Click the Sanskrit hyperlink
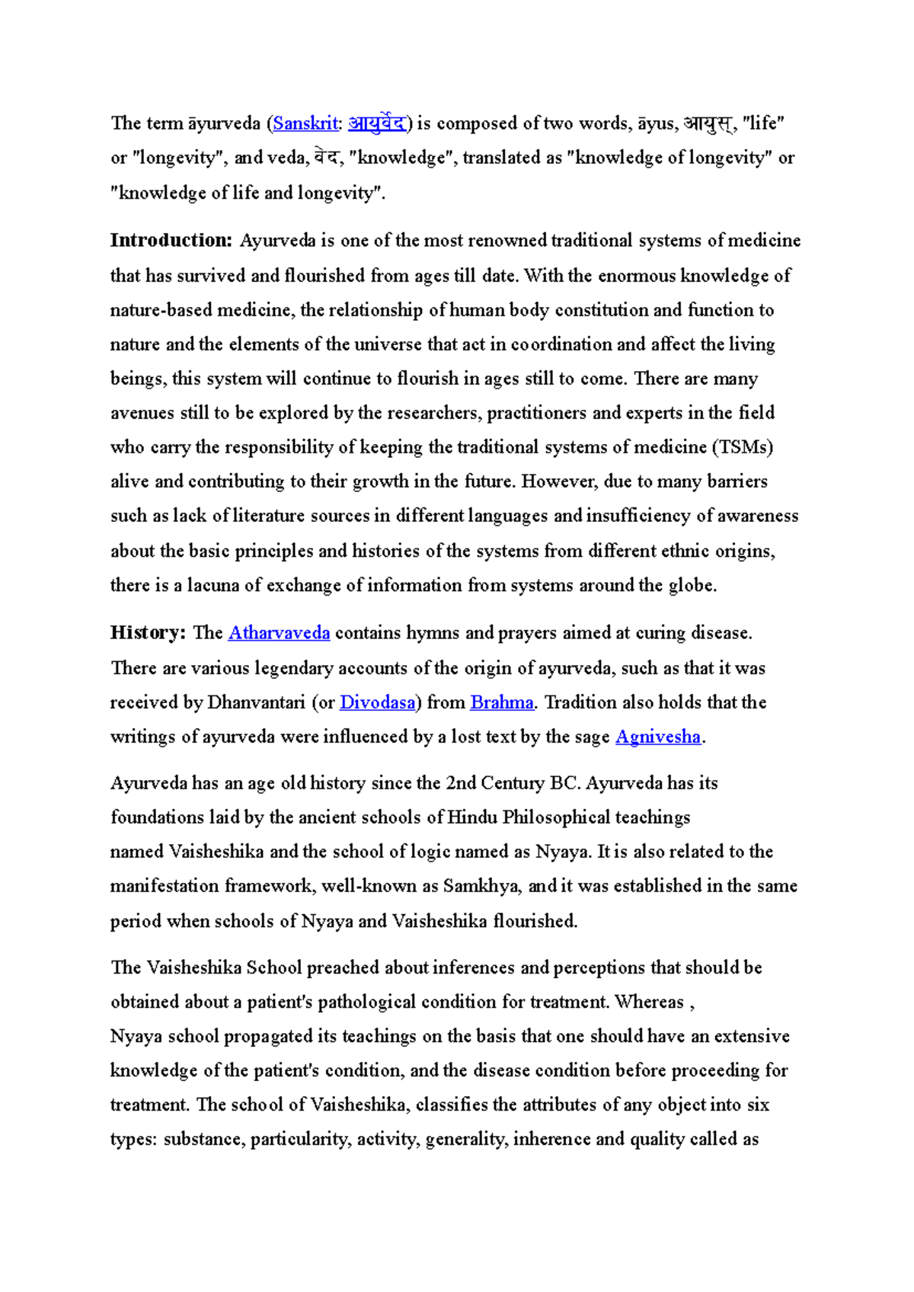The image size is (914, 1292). [305, 123]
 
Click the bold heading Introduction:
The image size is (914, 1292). [171, 241]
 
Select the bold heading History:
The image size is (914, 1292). [148, 633]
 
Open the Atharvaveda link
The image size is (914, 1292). [279, 633]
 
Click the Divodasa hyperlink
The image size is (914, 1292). [377, 702]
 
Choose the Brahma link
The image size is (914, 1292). [502, 702]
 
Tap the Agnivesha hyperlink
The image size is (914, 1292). [657, 737]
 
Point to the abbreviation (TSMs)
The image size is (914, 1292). [743, 447]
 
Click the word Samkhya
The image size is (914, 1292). [482, 886]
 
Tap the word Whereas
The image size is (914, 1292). [649, 1002]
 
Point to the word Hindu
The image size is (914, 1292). [472, 817]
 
